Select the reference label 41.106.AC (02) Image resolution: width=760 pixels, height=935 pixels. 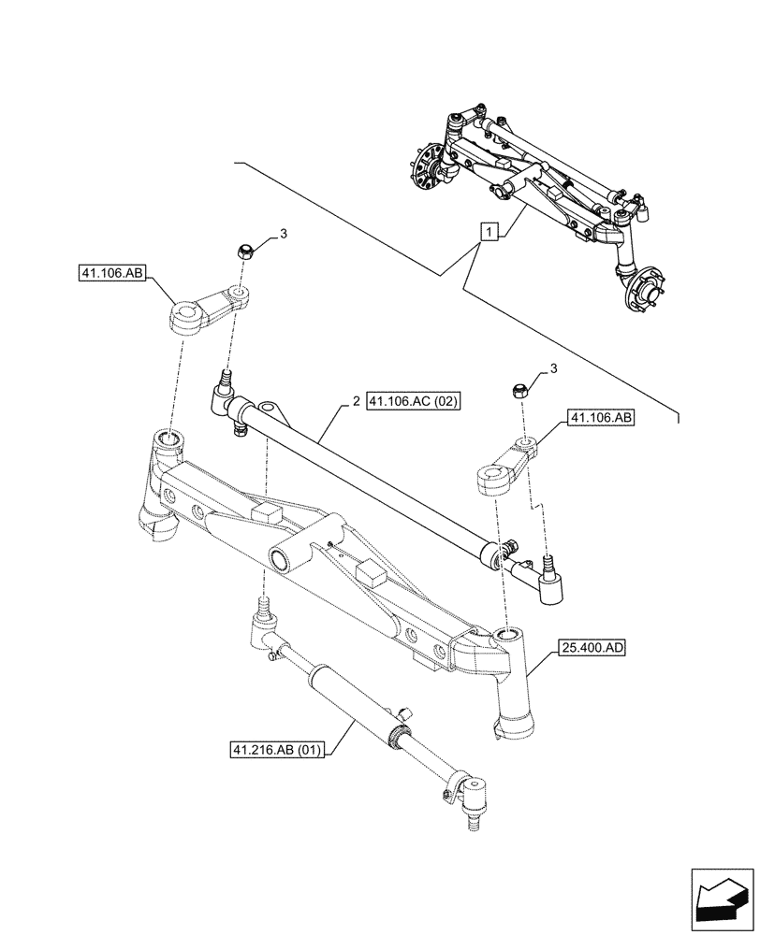pos(416,402)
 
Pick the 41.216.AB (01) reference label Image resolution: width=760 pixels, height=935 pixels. pos(276,750)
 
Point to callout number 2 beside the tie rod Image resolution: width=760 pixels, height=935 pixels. pos(356,402)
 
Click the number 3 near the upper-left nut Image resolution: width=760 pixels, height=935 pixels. pos(284,233)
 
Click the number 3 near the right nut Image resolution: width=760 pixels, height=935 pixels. pos(553,369)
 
